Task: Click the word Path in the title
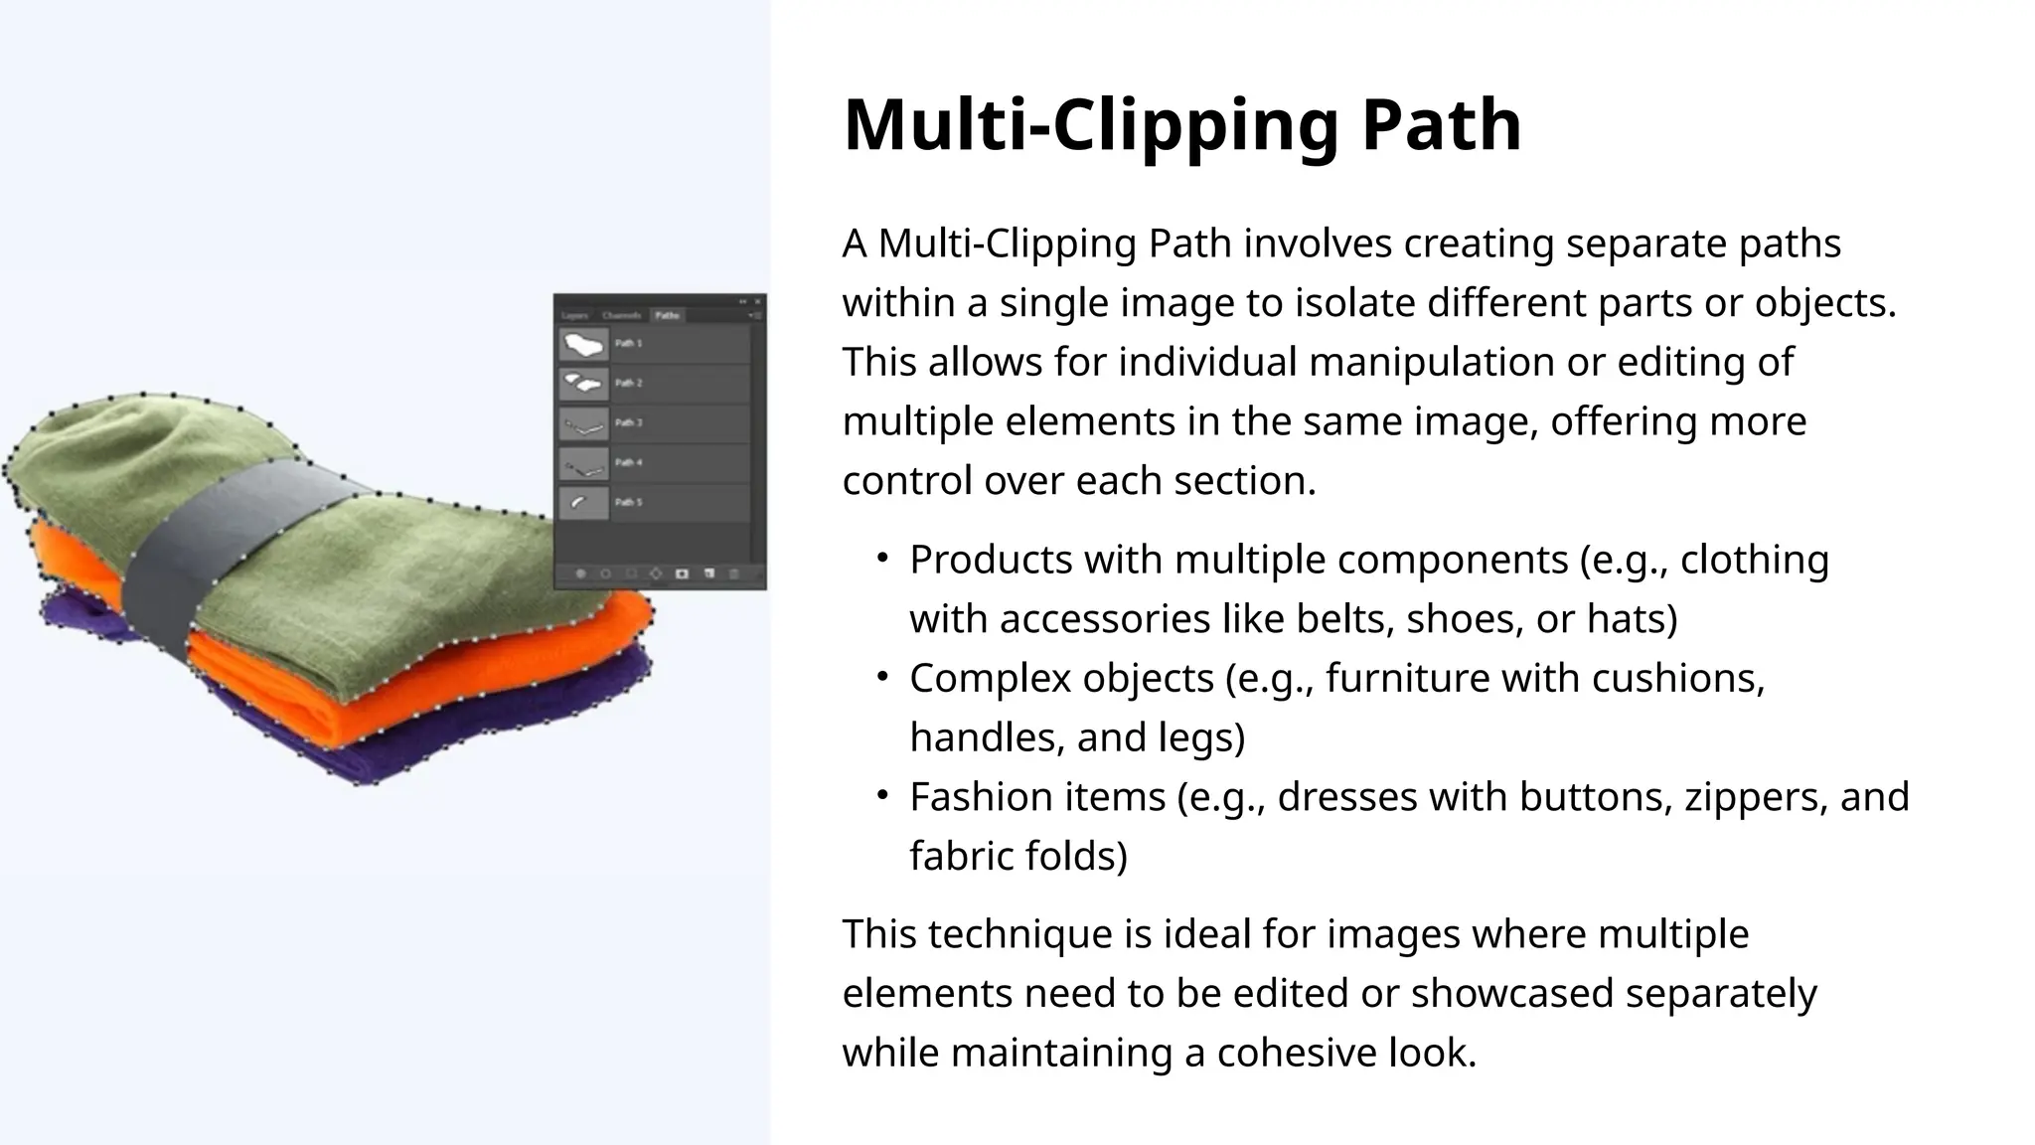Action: pyautogui.click(x=1441, y=125)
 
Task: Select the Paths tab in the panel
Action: pyautogui.click(x=667, y=315)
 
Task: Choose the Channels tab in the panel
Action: pyautogui.click(x=622, y=315)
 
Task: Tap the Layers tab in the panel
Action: pyautogui.click(x=575, y=315)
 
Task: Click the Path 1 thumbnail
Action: pyautogui.click(x=583, y=344)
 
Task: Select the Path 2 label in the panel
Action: pyautogui.click(x=629, y=383)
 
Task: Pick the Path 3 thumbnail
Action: pyautogui.click(x=583, y=424)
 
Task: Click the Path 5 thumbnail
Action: pyautogui.click(x=583, y=503)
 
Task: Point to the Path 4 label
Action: pyautogui.click(x=629, y=462)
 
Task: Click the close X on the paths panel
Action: pyautogui.click(x=758, y=301)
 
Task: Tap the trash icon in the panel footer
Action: pyautogui.click(x=734, y=574)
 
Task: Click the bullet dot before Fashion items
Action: pyautogui.click(x=881, y=795)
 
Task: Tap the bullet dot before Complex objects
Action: pyautogui.click(x=881, y=677)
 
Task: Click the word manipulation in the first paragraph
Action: pyautogui.click(x=1431, y=362)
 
